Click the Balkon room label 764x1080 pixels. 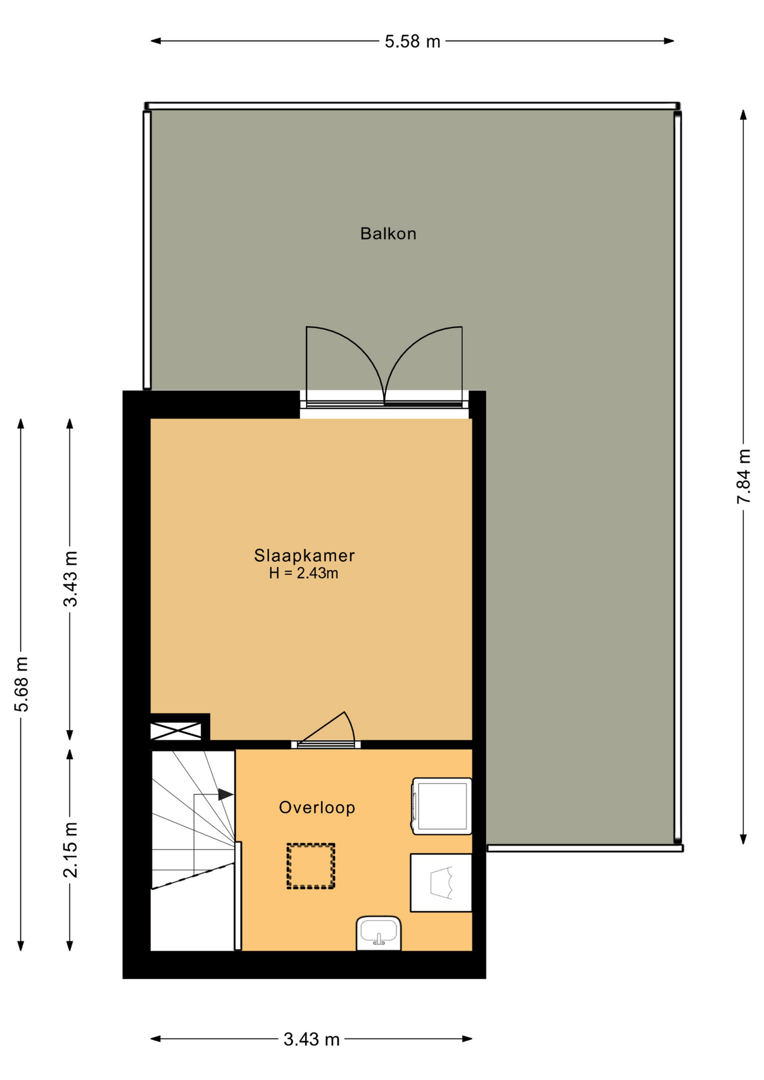click(388, 233)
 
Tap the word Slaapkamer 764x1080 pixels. click(304, 556)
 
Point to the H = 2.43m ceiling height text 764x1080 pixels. click(303, 574)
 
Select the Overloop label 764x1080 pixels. click(317, 808)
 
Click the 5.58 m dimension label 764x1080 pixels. click(412, 42)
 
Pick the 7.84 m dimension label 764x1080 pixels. click(744, 476)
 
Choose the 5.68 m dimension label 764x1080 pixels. click(21, 684)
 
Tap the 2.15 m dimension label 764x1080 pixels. click(70, 850)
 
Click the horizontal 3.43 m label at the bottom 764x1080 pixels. click(311, 1039)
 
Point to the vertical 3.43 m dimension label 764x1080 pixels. click(70, 579)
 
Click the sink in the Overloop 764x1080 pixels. click(379, 934)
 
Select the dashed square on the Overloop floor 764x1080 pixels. click(311, 866)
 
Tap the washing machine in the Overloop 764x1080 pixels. click(442, 806)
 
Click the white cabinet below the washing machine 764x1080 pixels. click(441, 883)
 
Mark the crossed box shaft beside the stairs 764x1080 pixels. click(176, 731)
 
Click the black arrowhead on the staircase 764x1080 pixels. click(226, 794)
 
